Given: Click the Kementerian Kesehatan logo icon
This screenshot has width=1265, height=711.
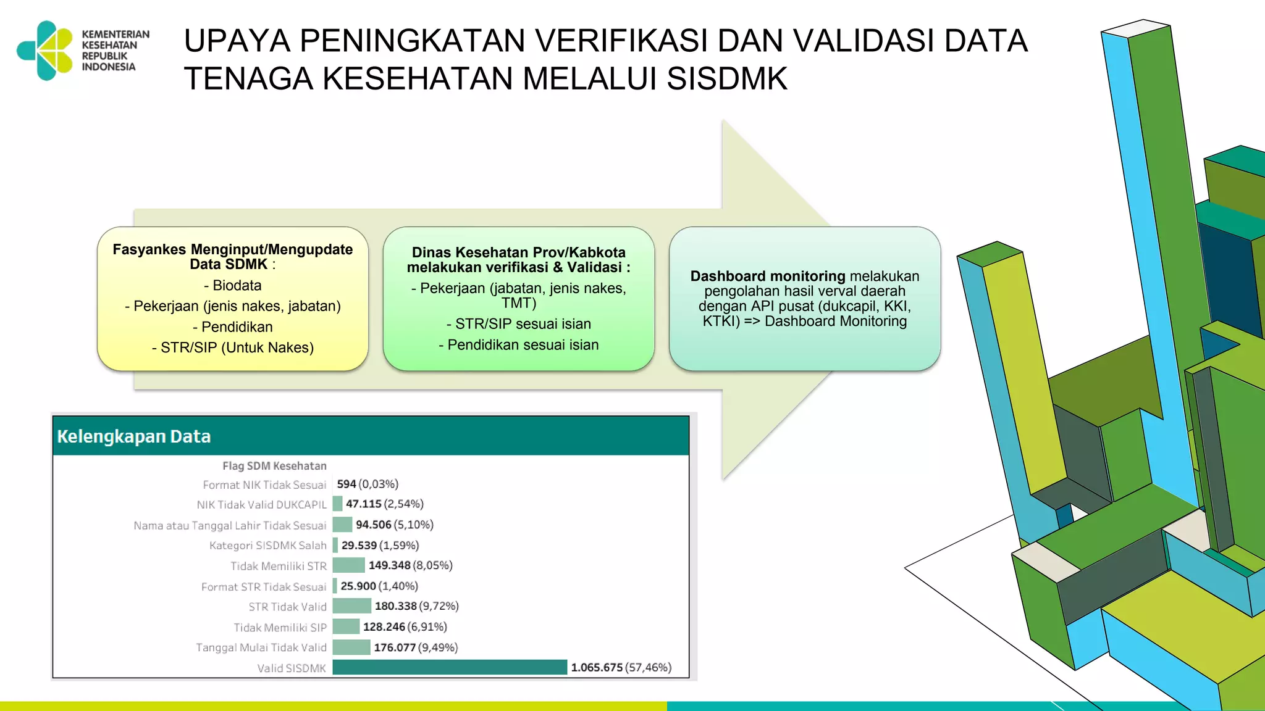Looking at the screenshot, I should [x=46, y=51].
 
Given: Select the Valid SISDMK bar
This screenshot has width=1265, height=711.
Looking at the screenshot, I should [x=449, y=667].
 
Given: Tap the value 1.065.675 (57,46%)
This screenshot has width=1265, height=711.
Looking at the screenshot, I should [x=620, y=667].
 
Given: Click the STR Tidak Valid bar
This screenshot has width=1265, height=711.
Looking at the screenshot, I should [x=351, y=606].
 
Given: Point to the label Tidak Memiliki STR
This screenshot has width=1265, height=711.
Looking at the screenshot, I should [x=278, y=566].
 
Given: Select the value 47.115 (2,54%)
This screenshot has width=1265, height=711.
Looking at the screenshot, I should [x=384, y=504].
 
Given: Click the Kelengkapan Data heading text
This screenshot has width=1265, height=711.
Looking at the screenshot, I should [x=133, y=436].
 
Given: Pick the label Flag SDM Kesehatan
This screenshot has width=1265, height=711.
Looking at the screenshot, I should [x=274, y=466].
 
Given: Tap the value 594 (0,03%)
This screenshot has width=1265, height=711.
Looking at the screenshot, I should [x=368, y=484].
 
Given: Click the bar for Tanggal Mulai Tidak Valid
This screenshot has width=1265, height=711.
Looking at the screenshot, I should [x=351, y=647].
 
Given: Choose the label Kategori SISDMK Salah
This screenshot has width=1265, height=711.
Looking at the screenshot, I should [x=267, y=546].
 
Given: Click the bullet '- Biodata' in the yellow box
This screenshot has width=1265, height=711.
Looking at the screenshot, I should [x=233, y=285].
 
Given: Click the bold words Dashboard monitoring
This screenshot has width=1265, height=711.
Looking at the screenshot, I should [x=767, y=276].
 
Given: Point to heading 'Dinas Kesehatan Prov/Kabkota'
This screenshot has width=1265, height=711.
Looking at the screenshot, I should [x=518, y=252].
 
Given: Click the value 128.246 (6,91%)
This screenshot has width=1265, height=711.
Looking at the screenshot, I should [x=405, y=626].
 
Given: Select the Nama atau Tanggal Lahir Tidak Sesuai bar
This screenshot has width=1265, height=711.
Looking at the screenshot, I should [x=342, y=525].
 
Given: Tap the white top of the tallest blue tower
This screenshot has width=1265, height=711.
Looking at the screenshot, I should [x=1135, y=28].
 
